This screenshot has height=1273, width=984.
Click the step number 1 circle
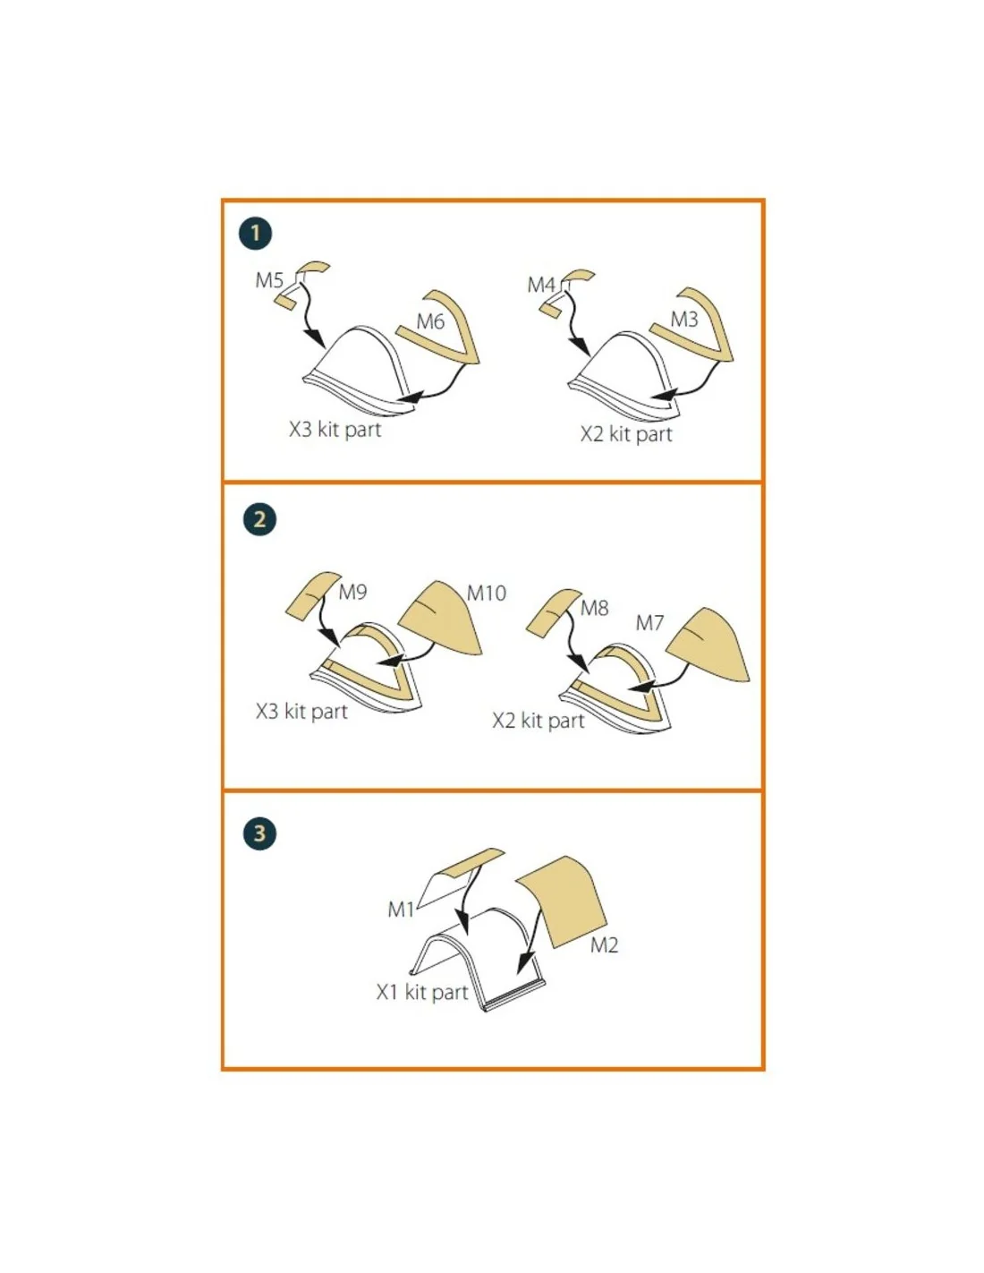(x=255, y=233)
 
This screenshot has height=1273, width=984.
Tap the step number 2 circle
(x=260, y=519)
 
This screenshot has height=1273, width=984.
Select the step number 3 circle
(x=260, y=833)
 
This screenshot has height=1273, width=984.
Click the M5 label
(x=268, y=280)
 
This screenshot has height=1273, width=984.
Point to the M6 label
(x=430, y=321)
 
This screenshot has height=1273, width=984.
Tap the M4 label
(x=540, y=285)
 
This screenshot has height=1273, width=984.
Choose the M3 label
(x=683, y=320)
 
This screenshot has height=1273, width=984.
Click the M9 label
(x=352, y=592)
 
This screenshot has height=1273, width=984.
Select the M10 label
(x=486, y=593)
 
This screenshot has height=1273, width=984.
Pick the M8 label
(x=594, y=608)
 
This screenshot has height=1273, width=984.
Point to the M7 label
(x=649, y=623)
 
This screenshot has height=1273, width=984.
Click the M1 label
(x=401, y=910)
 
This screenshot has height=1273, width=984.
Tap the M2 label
(x=604, y=945)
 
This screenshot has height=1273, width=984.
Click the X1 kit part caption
(x=421, y=993)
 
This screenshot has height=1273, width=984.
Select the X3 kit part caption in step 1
(x=335, y=430)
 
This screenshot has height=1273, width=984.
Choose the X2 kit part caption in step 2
(x=538, y=720)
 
